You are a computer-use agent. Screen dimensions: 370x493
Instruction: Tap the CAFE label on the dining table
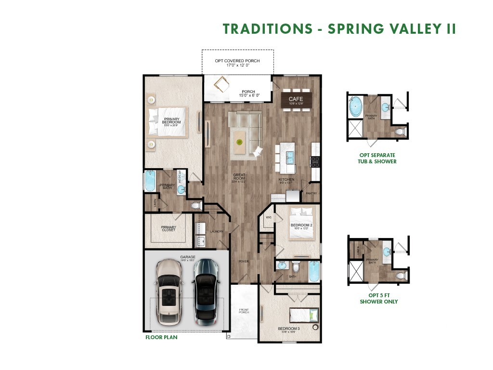pyautogui.click(x=296, y=99)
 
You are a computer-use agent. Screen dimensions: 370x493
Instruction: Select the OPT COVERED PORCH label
pyautogui.click(x=237, y=61)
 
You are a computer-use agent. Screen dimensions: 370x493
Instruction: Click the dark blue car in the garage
pyautogui.click(x=206, y=291)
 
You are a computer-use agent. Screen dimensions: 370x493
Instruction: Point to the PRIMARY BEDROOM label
pyautogui.click(x=172, y=121)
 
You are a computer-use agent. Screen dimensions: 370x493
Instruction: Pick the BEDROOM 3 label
pyautogui.click(x=288, y=330)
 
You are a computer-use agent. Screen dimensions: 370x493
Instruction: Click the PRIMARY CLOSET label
pyautogui.click(x=169, y=228)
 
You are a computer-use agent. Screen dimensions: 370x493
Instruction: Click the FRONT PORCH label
pyautogui.click(x=244, y=312)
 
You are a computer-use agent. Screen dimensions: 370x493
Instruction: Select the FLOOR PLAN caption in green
pyautogui.click(x=161, y=337)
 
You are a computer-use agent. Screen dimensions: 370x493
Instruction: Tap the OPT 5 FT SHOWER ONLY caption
pyautogui.click(x=378, y=298)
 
